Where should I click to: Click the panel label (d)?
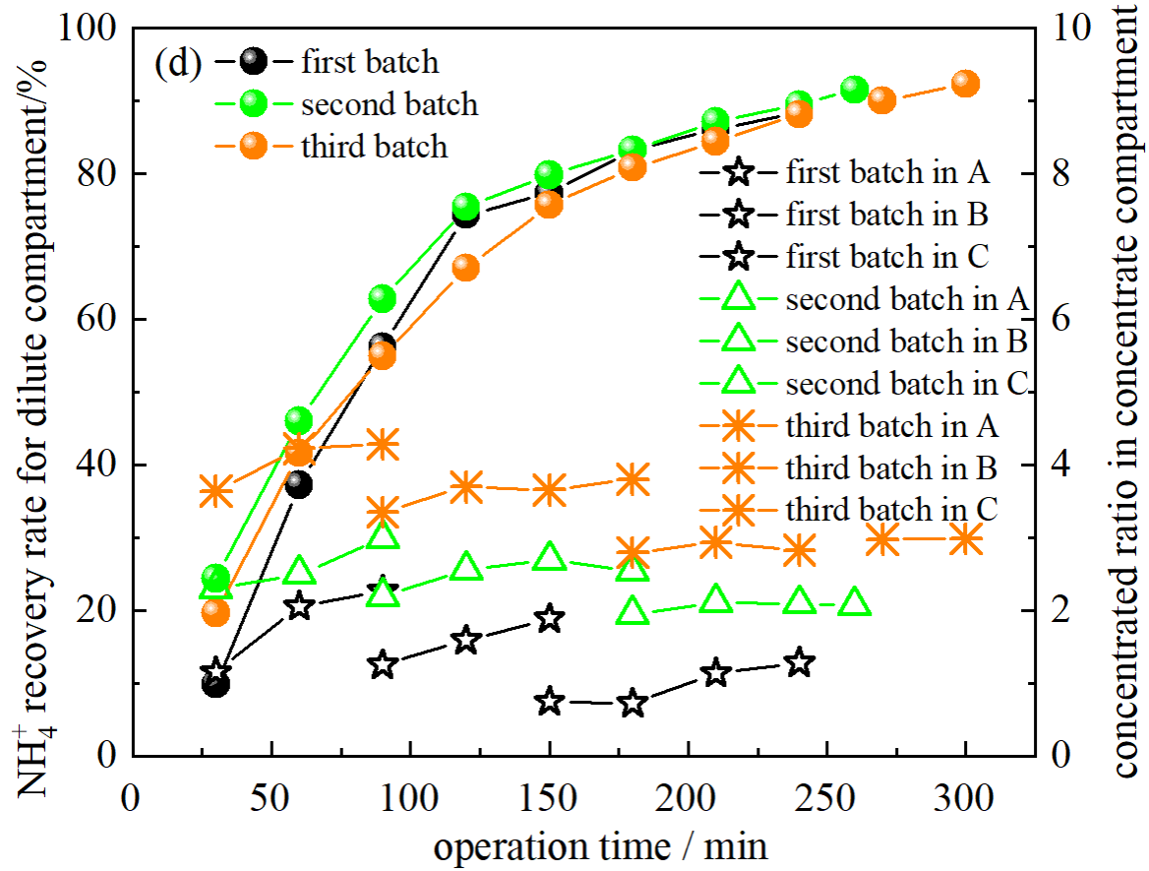178,64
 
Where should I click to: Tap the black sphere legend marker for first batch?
254,61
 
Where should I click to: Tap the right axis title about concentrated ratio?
1127,394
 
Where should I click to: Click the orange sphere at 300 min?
966,84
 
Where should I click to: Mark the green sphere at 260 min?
855,90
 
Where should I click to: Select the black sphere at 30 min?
215,683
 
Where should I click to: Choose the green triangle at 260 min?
855,602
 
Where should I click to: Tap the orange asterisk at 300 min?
966,539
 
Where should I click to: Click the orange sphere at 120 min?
465,268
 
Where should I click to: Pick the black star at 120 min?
465,640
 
